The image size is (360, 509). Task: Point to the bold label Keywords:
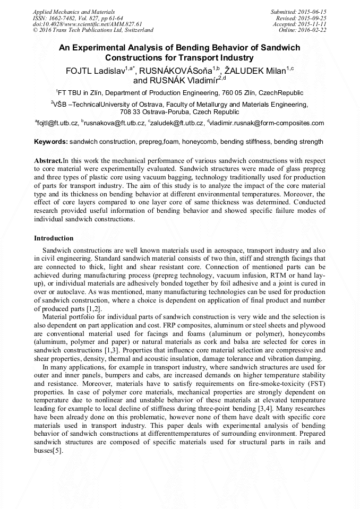(51, 142)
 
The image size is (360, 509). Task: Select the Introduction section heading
(54, 238)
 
